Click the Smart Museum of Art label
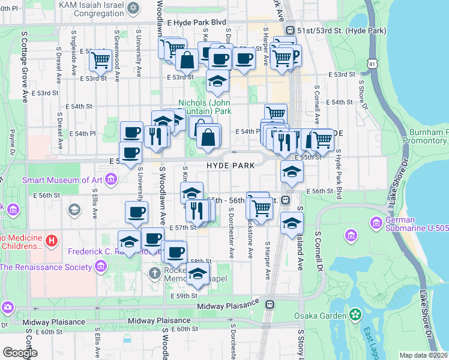(62, 180)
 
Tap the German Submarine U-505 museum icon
(376, 223)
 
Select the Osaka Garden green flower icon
(355, 314)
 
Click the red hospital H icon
(52, 241)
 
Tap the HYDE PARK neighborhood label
(227, 164)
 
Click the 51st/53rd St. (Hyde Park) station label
(335, 30)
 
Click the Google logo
(20, 353)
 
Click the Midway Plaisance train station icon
(270, 305)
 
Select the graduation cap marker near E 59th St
(196, 275)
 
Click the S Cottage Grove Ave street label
(25, 66)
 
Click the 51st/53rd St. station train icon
(290, 30)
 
